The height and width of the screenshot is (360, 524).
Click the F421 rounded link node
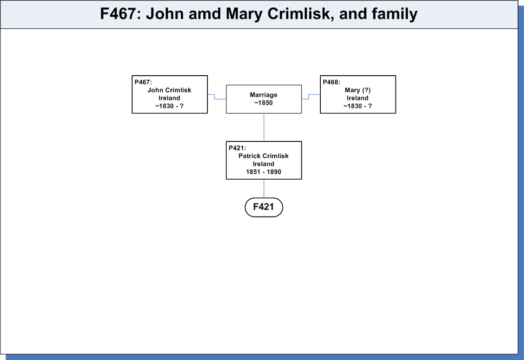(263, 207)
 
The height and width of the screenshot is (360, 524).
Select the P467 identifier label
(143, 82)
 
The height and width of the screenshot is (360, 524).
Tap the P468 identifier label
(332, 82)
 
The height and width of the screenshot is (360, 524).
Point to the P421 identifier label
(237, 148)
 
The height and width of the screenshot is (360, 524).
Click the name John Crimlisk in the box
(169, 90)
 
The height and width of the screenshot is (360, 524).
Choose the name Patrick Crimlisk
(263, 156)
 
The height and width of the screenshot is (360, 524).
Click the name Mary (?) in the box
(358, 90)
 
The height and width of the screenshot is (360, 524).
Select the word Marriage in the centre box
(263, 95)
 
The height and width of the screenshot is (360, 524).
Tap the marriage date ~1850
(263, 103)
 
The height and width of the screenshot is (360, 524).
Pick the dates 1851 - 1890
(263, 172)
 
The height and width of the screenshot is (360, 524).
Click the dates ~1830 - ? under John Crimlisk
(169, 106)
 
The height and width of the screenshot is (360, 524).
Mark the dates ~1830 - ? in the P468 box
(358, 106)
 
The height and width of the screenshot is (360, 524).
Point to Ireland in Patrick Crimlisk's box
(263, 164)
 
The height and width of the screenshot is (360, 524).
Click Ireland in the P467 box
(169, 98)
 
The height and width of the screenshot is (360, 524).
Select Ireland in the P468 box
(358, 98)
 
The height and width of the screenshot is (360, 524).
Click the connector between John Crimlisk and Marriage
(215, 97)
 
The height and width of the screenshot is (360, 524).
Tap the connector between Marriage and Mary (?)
(309, 97)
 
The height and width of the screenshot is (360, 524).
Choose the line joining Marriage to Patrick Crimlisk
(263, 127)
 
